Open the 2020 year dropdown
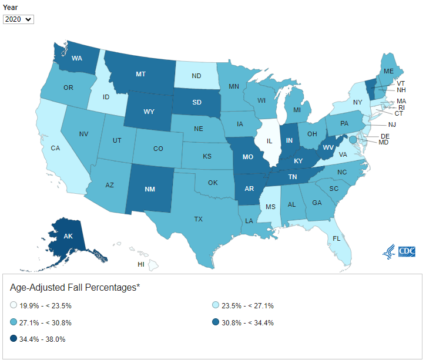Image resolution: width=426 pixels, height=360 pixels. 18,19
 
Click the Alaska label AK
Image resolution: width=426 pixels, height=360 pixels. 68,236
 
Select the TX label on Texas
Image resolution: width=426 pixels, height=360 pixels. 199,219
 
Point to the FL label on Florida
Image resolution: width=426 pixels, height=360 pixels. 336,239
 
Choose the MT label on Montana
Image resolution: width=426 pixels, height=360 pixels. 140,75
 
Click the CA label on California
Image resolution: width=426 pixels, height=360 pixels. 55,148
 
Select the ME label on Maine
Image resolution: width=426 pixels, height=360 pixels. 388,71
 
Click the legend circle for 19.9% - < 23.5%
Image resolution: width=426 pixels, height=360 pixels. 14,306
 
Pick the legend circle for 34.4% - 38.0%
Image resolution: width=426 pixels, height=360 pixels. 14,339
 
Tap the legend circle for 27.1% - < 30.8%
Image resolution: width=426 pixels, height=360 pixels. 14,322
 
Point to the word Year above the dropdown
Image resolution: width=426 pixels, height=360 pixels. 11,7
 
